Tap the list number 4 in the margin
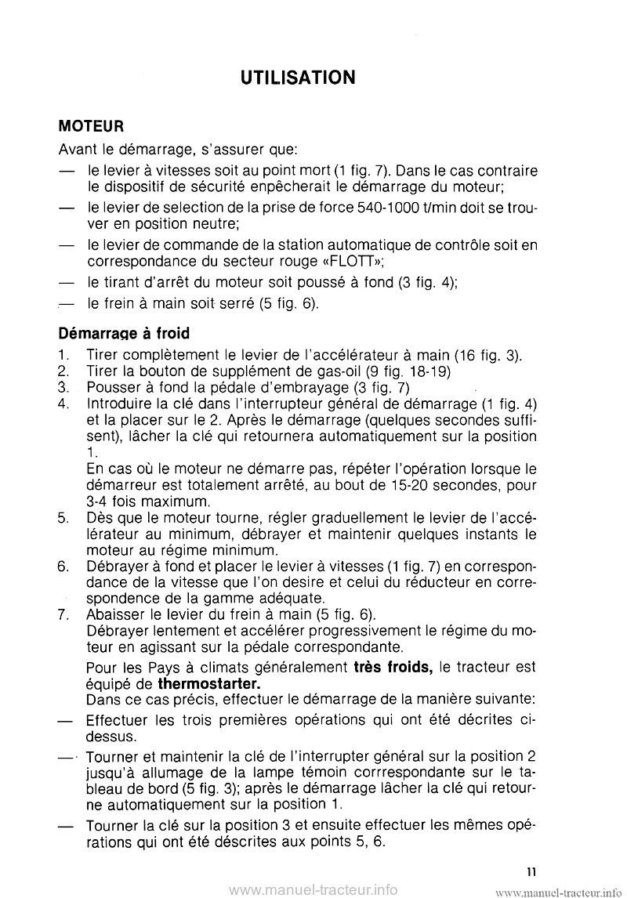pyautogui.click(x=63, y=404)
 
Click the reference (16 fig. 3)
pyautogui.click(x=483, y=357)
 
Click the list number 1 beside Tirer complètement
pyautogui.click(x=63, y=357)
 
